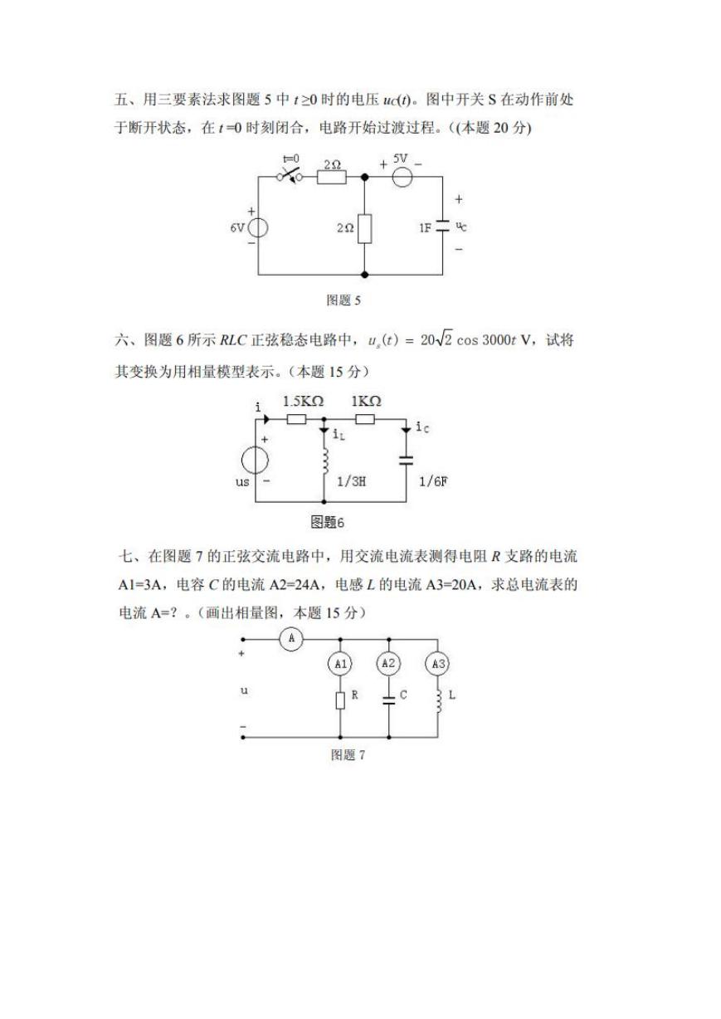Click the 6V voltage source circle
(x=258, y=227)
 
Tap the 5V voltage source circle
(x=402, y=177)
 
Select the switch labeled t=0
(x=290, y=176)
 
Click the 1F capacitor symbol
(x=442, y=226)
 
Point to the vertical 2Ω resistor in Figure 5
(x=364, y=228)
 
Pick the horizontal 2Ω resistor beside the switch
(x=332, y=177)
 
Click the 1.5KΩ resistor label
(x=303, y=402)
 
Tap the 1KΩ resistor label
(x=366, y=401)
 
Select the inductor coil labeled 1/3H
(x=325, y=461)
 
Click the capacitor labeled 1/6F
(x=406, y=460)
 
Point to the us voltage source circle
(x=255, y=460)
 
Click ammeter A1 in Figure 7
(x=340, y=664)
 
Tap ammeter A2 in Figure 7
(x=388, y=663)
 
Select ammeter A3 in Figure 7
(x=437, y=664)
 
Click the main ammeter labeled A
(x=291, y=639)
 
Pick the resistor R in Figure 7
(x=340, y=700)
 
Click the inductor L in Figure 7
(x=439, y=701)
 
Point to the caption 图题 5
(x=343, y=300)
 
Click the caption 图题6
(x=327, y=522)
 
